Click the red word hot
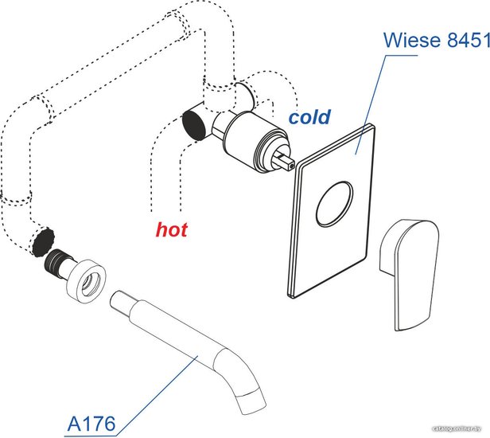coord(171,230)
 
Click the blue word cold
coord(309,118)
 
